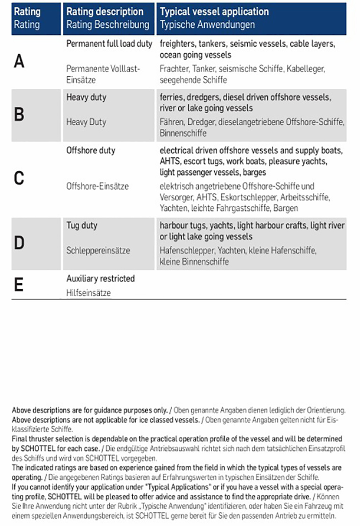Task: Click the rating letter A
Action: [19, 62]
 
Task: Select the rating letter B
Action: [19, 115]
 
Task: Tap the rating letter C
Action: [19, 178]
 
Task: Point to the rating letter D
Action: [19, 243]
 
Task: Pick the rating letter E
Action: [19, 285]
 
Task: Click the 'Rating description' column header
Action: [105, 12]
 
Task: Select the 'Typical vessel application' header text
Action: [214, 12]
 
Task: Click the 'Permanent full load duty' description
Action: [109, 44]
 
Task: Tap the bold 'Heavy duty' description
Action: [86, 97]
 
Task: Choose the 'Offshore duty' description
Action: [91, 150]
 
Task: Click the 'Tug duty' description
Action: [82, 225]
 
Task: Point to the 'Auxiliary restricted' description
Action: [100, 278]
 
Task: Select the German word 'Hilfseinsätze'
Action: [88, 293]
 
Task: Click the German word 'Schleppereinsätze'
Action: [98, 251]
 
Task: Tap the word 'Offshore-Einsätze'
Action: [98, 186]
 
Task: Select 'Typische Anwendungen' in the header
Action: [207, 25]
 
